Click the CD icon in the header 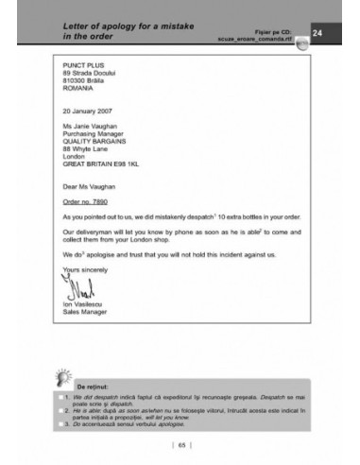(x=300, y=43)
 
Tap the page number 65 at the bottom (x=180, y=444)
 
